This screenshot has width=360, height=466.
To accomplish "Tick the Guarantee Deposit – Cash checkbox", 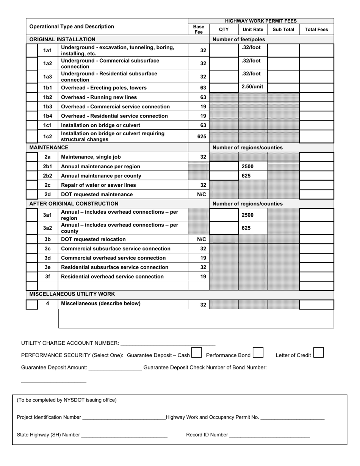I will click(197, 353).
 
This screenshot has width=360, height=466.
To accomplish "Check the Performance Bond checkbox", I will click(258, 353).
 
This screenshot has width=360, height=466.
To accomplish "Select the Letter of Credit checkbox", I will click(319, 353).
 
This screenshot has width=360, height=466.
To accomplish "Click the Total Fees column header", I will click(316, 30).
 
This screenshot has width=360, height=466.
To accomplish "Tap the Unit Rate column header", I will click(253, 30).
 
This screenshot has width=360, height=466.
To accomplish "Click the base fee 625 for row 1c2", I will click(202, 136).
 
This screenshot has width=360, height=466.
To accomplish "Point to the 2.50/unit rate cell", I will click(252, 87).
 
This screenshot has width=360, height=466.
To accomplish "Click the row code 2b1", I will click(47, 166).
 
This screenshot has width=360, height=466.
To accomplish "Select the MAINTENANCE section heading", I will click(49, 147).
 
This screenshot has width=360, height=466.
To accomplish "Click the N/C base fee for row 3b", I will click(202, 239).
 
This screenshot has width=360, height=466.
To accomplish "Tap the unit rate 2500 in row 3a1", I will click(248, 215).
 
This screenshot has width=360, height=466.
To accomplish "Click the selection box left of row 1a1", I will click(32, 50).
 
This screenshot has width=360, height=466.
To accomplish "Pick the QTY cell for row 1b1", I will click(224, 88).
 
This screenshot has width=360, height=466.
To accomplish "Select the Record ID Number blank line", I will click(269, 435).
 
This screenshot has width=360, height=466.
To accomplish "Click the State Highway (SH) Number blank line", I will click(124, 435).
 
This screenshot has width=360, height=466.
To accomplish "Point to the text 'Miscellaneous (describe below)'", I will click(101, 303).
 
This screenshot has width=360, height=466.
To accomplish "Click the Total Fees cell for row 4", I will click(316, 304).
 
